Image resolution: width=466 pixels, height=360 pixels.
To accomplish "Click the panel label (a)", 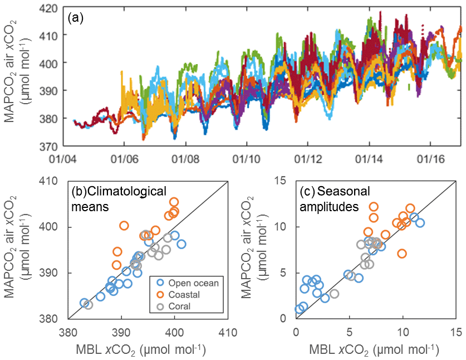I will (x=76, y=17).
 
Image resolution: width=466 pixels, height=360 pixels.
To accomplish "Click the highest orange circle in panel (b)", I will (x=174, y=202).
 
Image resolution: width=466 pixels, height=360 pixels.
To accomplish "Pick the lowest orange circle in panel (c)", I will (x=402, y=254).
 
